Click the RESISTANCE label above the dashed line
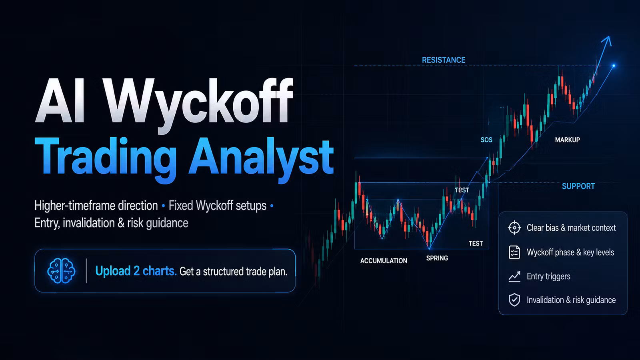(x=444, y=60)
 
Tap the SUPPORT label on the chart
(x=578, y=186)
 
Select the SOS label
(x=486, y=140)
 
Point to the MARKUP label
(x=568, y=140)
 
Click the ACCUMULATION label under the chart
(x=384, y=260)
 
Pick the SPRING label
(x=437, y=258)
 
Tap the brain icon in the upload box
(x=61, y=270)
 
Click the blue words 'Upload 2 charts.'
(x=136, y=271)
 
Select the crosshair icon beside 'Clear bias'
(x=514, y=228)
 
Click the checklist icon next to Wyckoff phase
(x=514, y=252)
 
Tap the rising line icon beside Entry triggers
(x=514, y=276)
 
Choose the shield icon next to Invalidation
(x=514, y=300)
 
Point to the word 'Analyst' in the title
(x=261, y=158)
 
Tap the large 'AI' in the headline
(x=60, y=100)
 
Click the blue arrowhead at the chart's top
(x=607, y=41)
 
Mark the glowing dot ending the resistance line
(x=614, y=66)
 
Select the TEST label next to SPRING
(x=476, y=244)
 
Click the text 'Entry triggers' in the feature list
(x=548, y=276)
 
